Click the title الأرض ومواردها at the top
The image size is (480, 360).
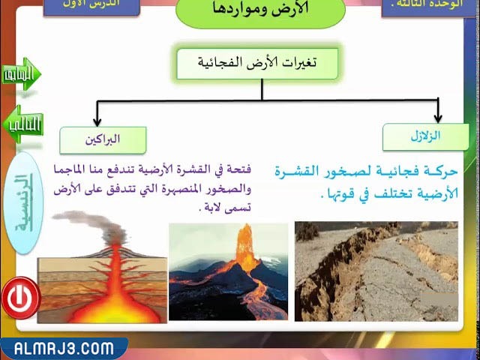click(260, 11)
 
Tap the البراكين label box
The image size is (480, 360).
click(103, 139)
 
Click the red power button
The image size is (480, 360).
click(20, 298)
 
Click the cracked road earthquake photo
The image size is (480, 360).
click(376, 271)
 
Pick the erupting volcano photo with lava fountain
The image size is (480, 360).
click(228, 271)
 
